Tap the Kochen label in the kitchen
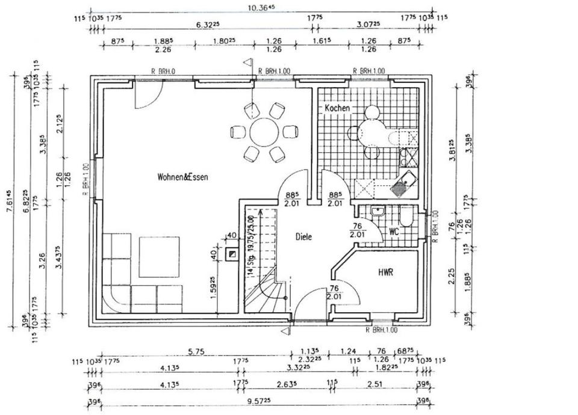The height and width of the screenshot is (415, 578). pos(337,108)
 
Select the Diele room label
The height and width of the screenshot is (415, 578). pos(303,237)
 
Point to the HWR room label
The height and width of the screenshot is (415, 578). pos(386,272)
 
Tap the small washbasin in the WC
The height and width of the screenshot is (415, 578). pos(378,211)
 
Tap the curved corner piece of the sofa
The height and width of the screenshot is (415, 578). pos(115,298)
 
